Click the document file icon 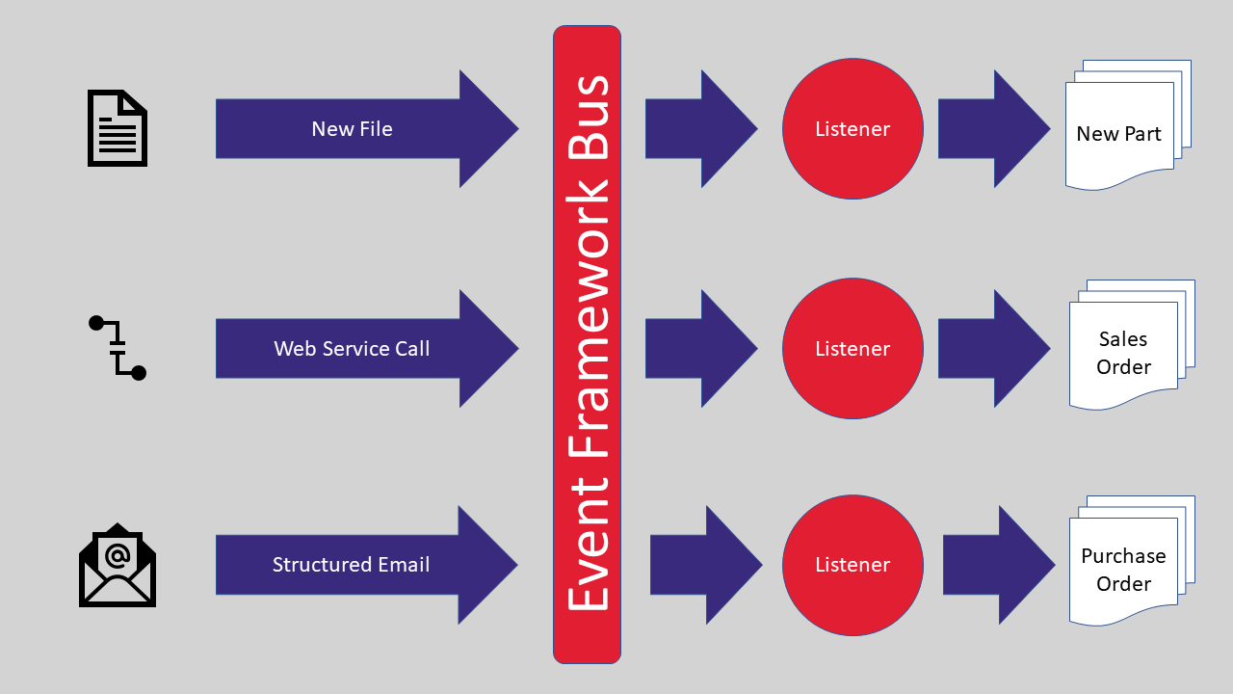118,128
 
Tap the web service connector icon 118,348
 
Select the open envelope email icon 118,566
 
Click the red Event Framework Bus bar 587,344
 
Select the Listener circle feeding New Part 853,128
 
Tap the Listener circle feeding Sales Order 853,348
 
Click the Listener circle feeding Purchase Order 853,565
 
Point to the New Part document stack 1122,130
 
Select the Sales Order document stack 1125,350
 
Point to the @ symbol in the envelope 118,555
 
